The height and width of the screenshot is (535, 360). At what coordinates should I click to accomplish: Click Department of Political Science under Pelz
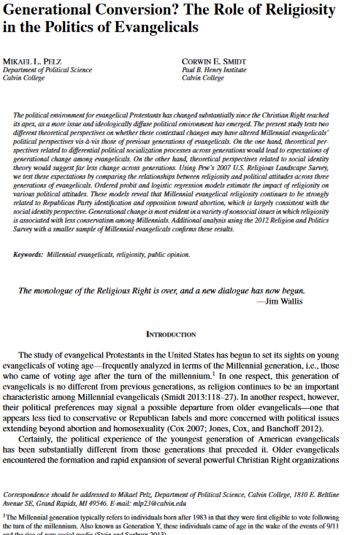click(47, 69)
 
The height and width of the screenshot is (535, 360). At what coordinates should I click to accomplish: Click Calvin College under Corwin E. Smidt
click(202, 77)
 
